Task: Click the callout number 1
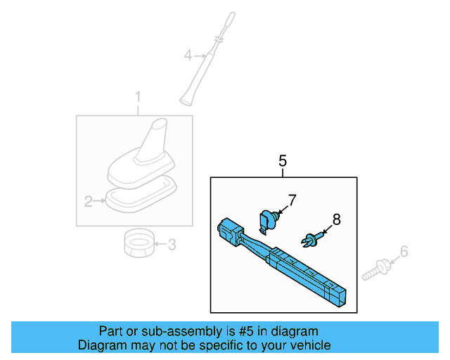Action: (x=139, y=96)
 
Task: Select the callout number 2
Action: (x=89, y=202)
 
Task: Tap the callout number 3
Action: (x=172, y=245)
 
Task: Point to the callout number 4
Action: (x=188, y=54)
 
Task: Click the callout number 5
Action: (x=283, y=161)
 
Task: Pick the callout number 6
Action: (x=404, y=252)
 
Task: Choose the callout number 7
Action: (x=292, y=200)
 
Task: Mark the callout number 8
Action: (x=336, y=219)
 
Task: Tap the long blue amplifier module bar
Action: (x=302, y=271)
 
